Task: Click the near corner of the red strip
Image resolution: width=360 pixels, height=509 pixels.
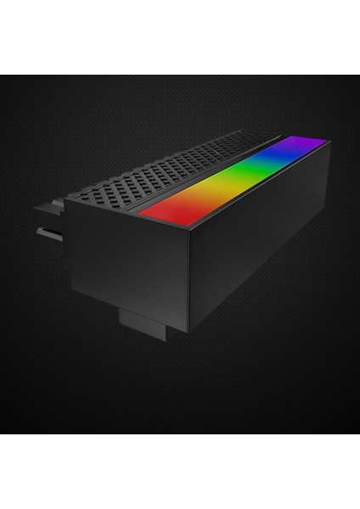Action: (139, 213)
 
